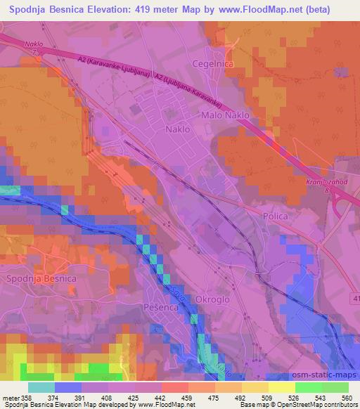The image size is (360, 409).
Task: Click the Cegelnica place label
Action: pyautogui.click(x=214, y=63)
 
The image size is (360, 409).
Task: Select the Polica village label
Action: pyautogui.click(x=275, y=216)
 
